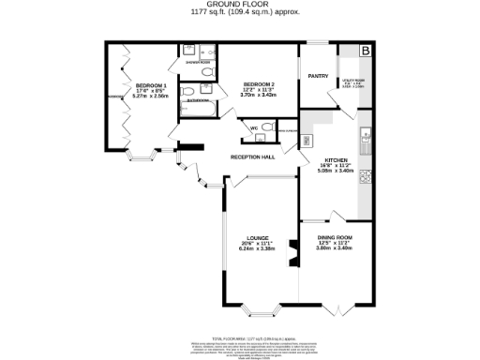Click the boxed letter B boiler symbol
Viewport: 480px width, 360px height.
click(x=366, y=50)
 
